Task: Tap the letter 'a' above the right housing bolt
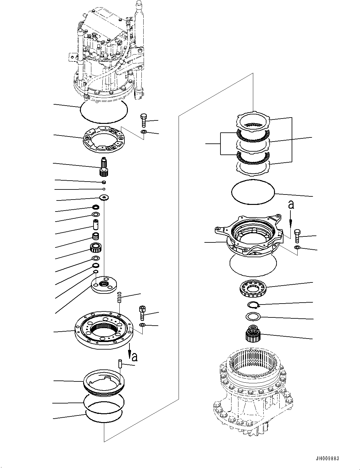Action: click(x=291, y=205)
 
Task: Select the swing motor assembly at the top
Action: click(x=106, y=54)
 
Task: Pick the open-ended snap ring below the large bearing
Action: click(x=253, y=305)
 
